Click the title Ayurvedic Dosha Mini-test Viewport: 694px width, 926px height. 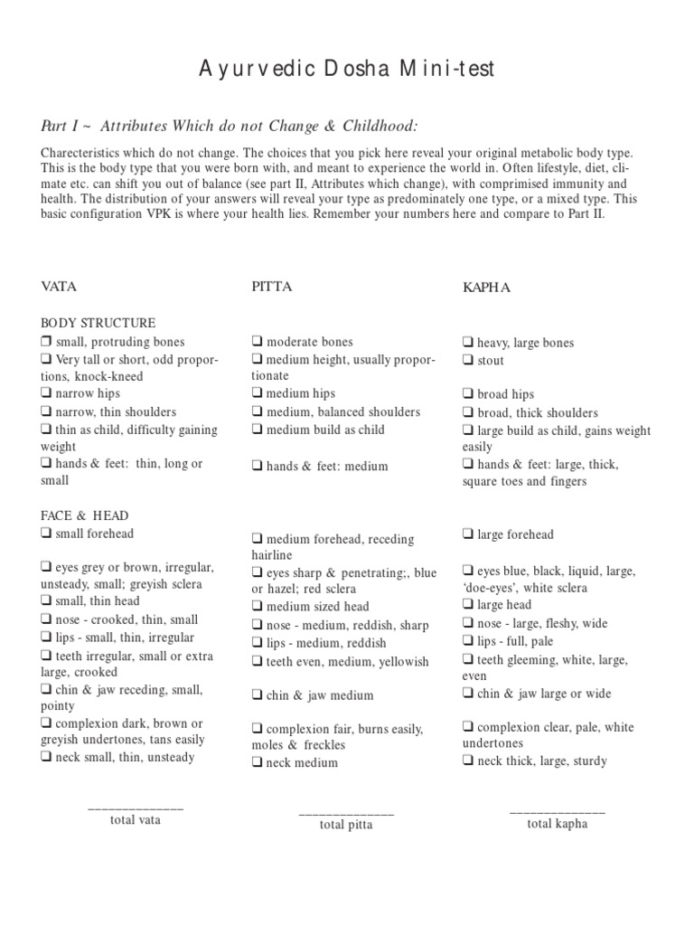tap(346, 70)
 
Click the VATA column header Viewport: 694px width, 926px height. tap(59, 287)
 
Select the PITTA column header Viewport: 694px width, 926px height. tap(271, 287)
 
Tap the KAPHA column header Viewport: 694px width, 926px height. tap(486, 288)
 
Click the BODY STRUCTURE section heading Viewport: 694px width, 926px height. tap(98, 323)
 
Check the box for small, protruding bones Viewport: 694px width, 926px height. tap(46, 342)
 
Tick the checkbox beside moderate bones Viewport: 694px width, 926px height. tap(258, 342)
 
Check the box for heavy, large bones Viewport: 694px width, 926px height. tap(468, 343)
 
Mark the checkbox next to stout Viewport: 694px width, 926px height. tap(468, 361)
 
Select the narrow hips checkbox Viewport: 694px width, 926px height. tap(46, 393)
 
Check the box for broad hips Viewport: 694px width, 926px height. tap(468, 394)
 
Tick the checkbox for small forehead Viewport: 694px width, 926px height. tap(46, 534)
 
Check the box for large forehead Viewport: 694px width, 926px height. tap(468, 534)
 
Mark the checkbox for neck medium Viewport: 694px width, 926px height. tap(258, 762)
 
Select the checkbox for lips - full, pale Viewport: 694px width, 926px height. tap(468, 641)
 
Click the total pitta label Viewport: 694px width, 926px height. tap(346, 825)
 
